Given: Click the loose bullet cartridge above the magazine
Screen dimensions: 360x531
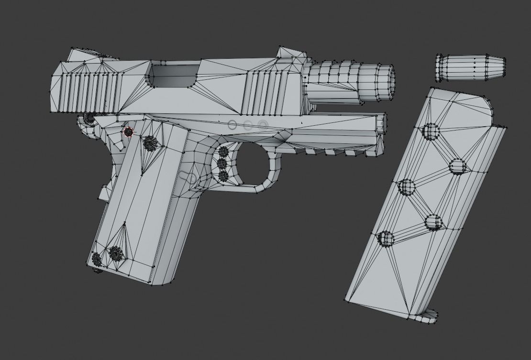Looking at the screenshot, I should (471, 68).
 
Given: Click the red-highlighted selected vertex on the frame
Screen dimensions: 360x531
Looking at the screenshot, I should (128, 131).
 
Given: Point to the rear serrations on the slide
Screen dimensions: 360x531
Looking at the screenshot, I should (86, 91).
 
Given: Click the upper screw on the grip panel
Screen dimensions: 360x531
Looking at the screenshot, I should (150, 142).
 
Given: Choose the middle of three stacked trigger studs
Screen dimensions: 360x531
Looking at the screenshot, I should (222, 164).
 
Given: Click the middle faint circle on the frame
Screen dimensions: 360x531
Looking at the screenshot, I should (247, 125).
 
